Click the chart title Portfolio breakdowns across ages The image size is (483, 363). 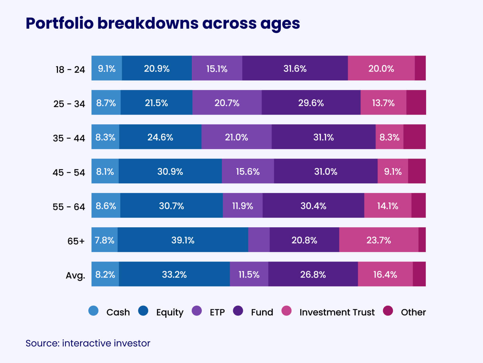tap(162, 23)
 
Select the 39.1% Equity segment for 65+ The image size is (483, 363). tap(183, 240)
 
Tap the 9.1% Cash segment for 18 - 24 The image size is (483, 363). tap(107, 68)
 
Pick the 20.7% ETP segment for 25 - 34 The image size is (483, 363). tap(227, 103)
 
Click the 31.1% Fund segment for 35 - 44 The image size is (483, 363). tap(323, 137)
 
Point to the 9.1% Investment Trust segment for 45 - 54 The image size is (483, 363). tap(393, 171)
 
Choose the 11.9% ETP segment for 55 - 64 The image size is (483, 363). tap(243, 206)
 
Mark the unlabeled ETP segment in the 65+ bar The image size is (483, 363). tap(259, 240)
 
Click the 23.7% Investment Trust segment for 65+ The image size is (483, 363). tap(378, 240)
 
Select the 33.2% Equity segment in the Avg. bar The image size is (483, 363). tap(174, 274)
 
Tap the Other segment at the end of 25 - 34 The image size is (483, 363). tap(416, 103)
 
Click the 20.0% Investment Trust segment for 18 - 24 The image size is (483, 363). tap(381, 68)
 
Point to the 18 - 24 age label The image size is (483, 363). tap(70, 69)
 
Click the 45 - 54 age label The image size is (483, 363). tap(69, 172)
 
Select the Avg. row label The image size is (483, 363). tap(75, 275)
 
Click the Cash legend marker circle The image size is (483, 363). tap(93, 311)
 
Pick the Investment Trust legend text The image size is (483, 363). tap(337, 312)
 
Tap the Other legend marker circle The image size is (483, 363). tap(388, 311)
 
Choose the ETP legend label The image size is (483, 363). tap(217, 312)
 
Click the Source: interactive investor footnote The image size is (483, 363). tap(88, 343)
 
